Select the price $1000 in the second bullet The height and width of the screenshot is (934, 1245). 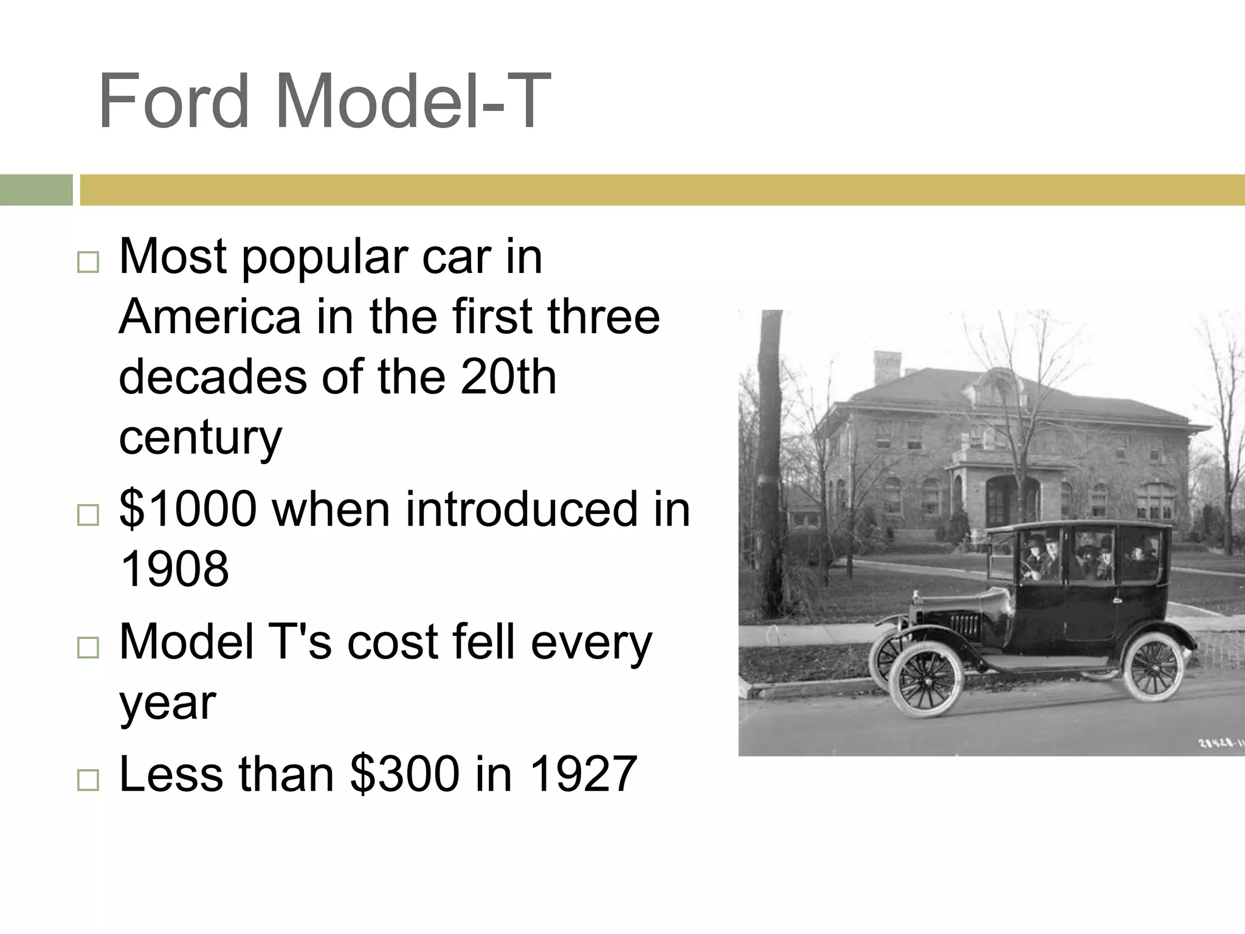click(188, 509)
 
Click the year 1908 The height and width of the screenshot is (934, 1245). click(174, 569)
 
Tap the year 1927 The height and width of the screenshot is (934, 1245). click(583, 774)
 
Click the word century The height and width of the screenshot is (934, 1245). click(201, 437)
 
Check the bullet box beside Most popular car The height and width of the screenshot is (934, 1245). click(88, 263)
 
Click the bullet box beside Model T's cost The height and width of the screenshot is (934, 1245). click(88, 648)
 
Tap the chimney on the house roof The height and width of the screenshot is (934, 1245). click(886, 366)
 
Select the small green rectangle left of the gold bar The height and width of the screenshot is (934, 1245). click(36, 190)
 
